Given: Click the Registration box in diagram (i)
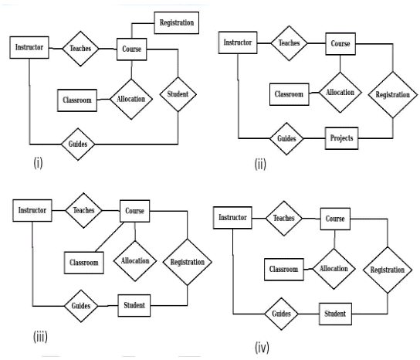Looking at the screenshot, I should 177,22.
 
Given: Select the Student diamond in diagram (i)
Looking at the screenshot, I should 178,94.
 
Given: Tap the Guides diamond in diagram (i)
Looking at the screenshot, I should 83,144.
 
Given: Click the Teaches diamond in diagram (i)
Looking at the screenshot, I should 82,49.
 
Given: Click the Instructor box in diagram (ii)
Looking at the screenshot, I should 238,42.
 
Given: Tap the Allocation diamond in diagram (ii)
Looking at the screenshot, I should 340,93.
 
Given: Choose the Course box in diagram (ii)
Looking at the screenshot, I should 340,44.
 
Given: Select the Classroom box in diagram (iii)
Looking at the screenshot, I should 83,263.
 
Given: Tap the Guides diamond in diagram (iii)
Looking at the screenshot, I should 83,305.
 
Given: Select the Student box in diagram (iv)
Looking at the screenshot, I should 334,314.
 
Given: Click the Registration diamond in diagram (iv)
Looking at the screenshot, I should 387,270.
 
